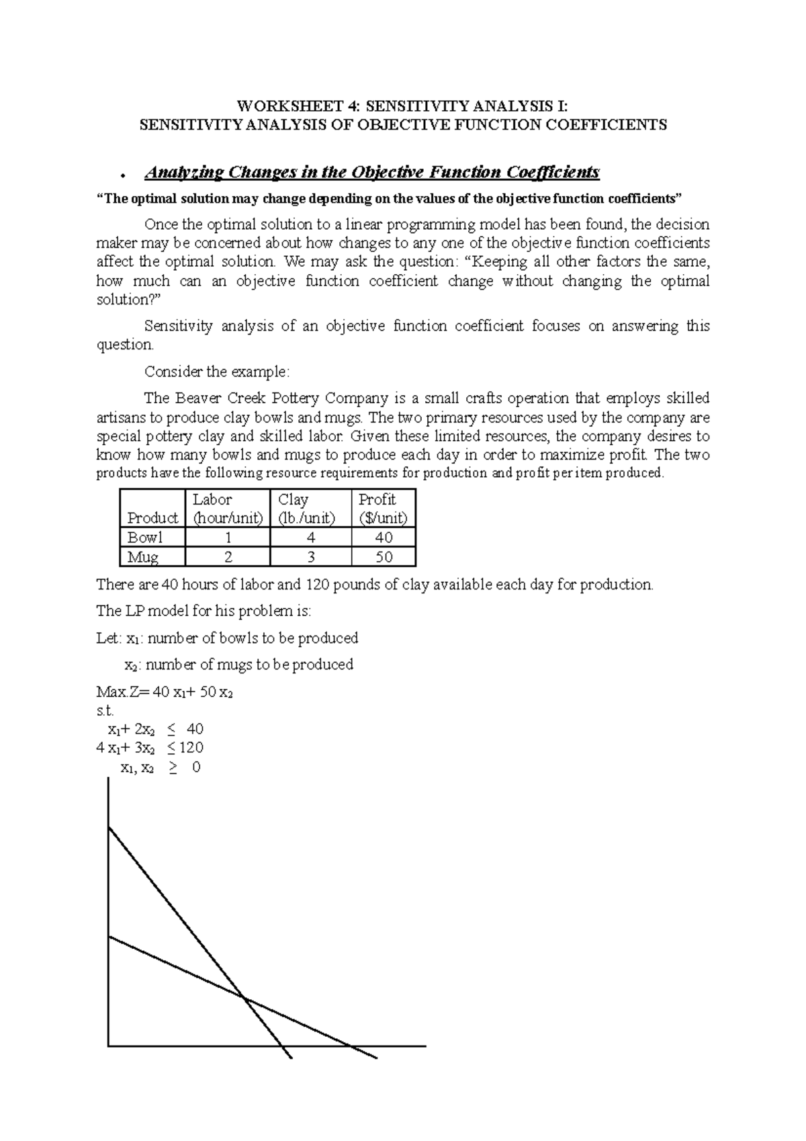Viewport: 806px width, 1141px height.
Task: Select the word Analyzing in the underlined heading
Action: (x=183, y=173)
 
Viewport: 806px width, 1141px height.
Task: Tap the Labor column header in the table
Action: (x=226, y=509)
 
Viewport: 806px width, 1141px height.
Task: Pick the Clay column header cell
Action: (x=310, y=509)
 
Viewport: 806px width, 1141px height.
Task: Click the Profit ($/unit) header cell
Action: (x=383, y=509)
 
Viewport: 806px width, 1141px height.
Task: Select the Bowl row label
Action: (x=146, y=538)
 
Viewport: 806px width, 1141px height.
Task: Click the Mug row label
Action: (x=142, y=557)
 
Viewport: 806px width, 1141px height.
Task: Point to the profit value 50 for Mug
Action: (x=384, y=557)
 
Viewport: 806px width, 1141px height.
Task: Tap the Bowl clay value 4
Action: (x=310, y=538)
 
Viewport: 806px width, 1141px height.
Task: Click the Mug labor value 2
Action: (x=228, y=557)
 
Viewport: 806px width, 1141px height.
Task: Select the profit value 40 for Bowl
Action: (x=384, y=538)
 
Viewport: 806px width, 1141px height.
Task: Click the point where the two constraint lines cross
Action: (x=243, y=997)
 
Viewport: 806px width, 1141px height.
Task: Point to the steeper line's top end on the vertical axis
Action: (x=109, y=829)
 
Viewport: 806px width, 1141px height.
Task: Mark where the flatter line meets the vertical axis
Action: (x=109, y=937)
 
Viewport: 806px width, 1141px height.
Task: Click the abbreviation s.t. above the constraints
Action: (x=105, y=711)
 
